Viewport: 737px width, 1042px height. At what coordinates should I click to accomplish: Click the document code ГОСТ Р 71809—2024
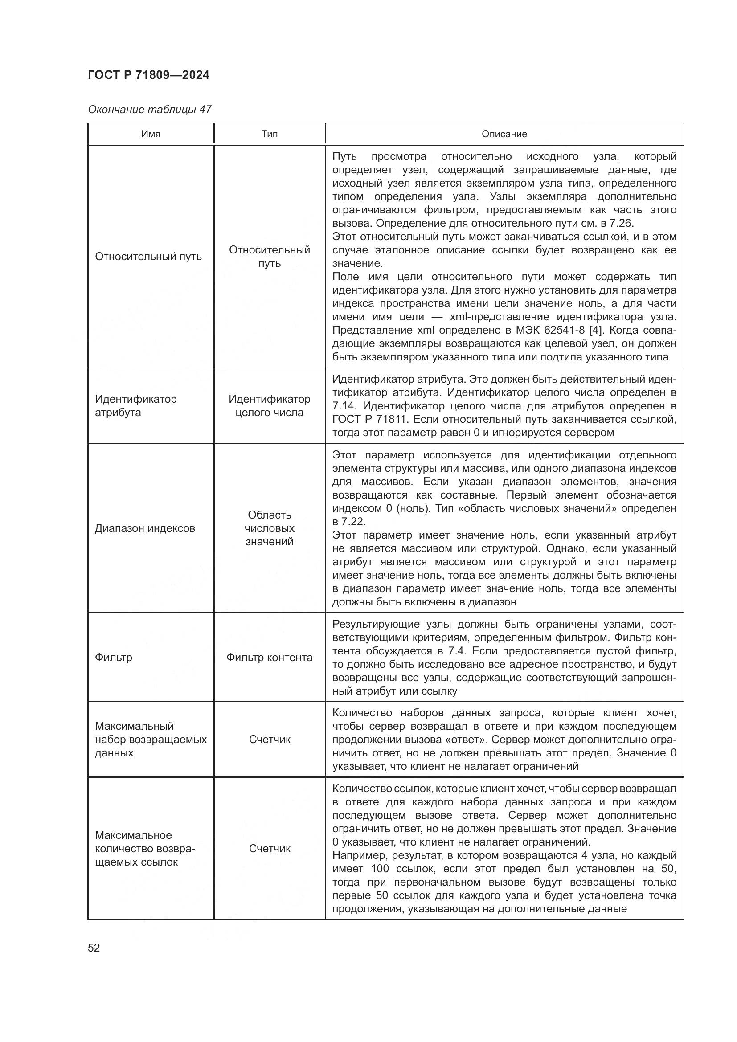tap(148, 75)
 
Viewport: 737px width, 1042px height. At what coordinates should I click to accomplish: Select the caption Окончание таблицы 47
tap(149, 110)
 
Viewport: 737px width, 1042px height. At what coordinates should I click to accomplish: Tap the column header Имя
tap(151, 134)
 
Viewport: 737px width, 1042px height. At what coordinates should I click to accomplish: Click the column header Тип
tap(269, 134)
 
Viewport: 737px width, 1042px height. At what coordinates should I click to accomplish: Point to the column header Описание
tap(504, 134)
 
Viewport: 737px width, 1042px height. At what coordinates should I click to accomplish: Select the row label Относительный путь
tap(148, 257)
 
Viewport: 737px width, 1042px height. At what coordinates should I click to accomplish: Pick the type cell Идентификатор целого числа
tap(269, 405)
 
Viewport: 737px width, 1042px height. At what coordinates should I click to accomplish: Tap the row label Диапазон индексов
tap(145, 528)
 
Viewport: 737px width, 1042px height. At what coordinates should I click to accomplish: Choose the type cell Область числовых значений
tap(269, 528)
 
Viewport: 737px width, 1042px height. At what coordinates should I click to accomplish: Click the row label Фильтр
tap(114, 657)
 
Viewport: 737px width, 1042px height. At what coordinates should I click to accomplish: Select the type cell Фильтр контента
tap(269, 657)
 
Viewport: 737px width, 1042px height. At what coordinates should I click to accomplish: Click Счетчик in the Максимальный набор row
tap(269, 740)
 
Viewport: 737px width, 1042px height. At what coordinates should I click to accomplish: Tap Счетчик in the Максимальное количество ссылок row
tap(269, 848)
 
